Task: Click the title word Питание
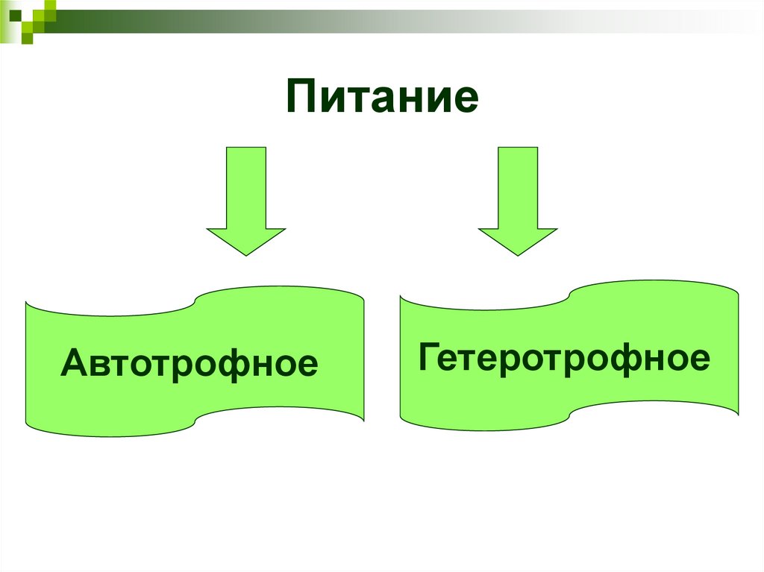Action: click(x=381, y=98)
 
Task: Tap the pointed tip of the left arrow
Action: click(x=246, y=254)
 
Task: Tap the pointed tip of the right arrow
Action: click(x=518, y=254)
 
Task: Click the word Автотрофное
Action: click(x=190, y=364)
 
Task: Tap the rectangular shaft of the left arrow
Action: click(x=246, y=186)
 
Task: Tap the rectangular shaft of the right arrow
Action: click(x=518, y=186)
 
